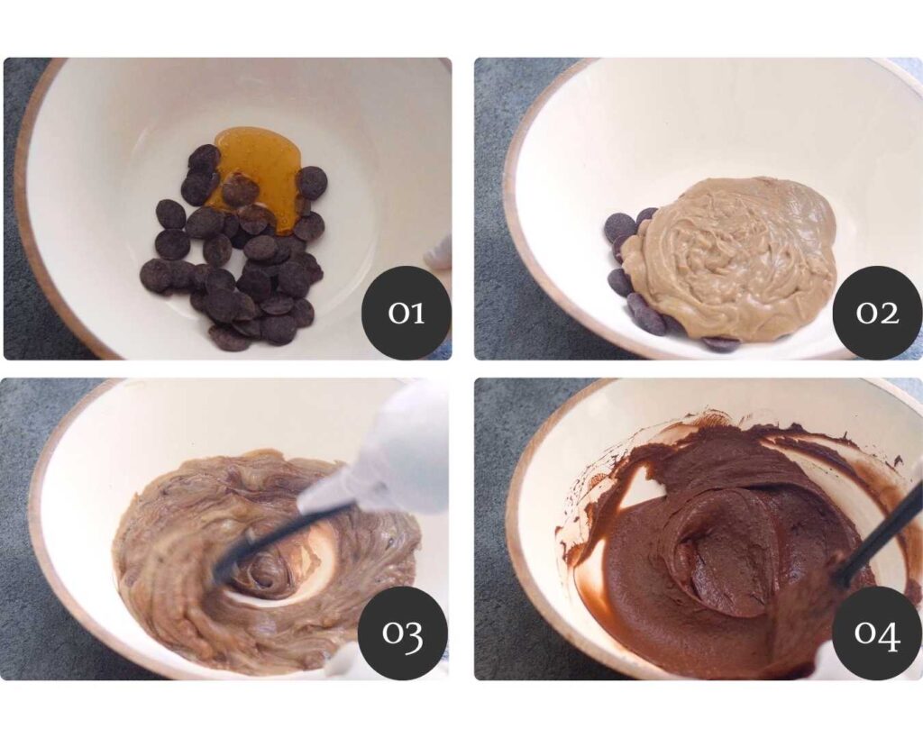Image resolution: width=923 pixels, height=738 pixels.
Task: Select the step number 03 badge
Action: click(403, 632)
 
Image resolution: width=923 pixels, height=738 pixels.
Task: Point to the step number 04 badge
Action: click(877, 632)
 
